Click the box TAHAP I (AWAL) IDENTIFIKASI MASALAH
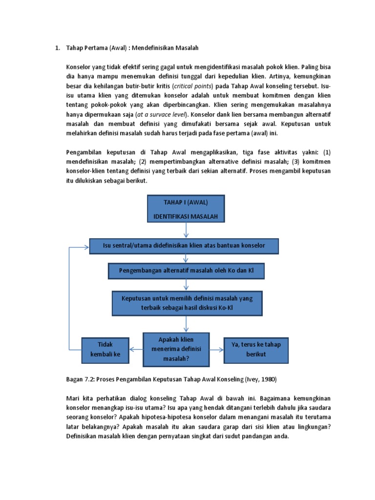click(x=186, y=209)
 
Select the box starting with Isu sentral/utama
click(x=184, y=246)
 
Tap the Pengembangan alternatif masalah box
click(x=186, y=270)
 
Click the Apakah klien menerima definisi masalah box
click(x=176, y=349)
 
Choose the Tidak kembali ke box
click(x=105, y=350)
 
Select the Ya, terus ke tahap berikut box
click(x=256, y=350)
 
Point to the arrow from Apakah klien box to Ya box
click(x=216, y=349)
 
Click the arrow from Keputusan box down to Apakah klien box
click(x=186, y=324)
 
